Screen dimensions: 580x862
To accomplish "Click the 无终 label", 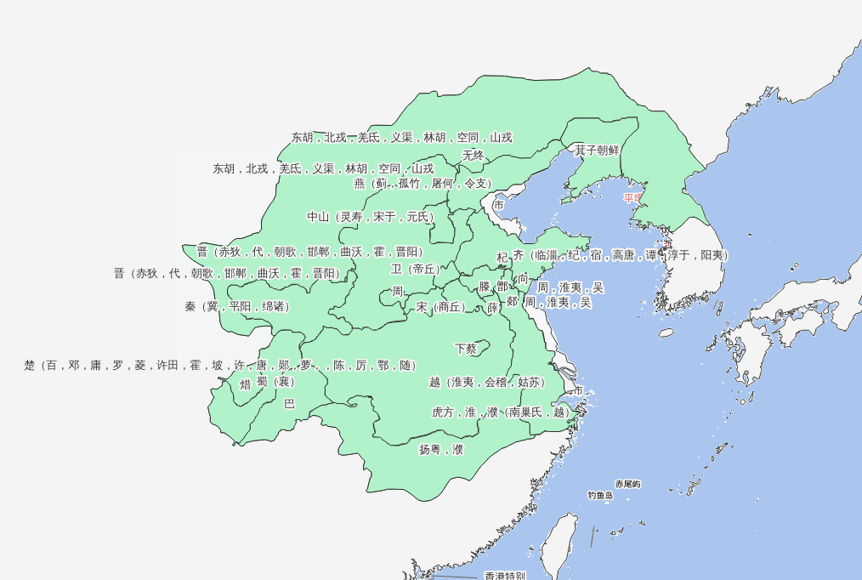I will click(474, 156).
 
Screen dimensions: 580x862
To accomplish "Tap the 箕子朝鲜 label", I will click(597, 151).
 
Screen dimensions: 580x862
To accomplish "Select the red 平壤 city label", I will click(634, 198).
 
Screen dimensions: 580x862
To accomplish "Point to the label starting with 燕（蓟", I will click(422, 184).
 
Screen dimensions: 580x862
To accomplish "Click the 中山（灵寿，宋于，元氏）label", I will click(371, 217).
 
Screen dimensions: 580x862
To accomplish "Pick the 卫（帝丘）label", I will click(416, 270).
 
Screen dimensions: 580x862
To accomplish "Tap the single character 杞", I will click(502, 257).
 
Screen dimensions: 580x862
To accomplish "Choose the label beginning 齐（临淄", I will click(620, 255).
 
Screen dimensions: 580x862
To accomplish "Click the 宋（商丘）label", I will click(441, 307).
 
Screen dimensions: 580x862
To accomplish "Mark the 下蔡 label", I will click(466, 349).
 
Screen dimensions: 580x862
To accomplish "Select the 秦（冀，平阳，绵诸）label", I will click(237, 306).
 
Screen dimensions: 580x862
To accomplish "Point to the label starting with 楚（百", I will click(219, 366).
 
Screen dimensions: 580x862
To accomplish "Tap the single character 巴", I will click(289, 404).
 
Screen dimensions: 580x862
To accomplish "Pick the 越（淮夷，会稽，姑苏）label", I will click(486, 383).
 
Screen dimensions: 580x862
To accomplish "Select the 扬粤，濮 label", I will click(441, 449).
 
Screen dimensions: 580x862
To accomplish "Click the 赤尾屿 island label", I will click(628, 484).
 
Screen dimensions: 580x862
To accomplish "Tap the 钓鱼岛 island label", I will click(600, 495).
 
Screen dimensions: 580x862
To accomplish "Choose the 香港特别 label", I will click(505, 576).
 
